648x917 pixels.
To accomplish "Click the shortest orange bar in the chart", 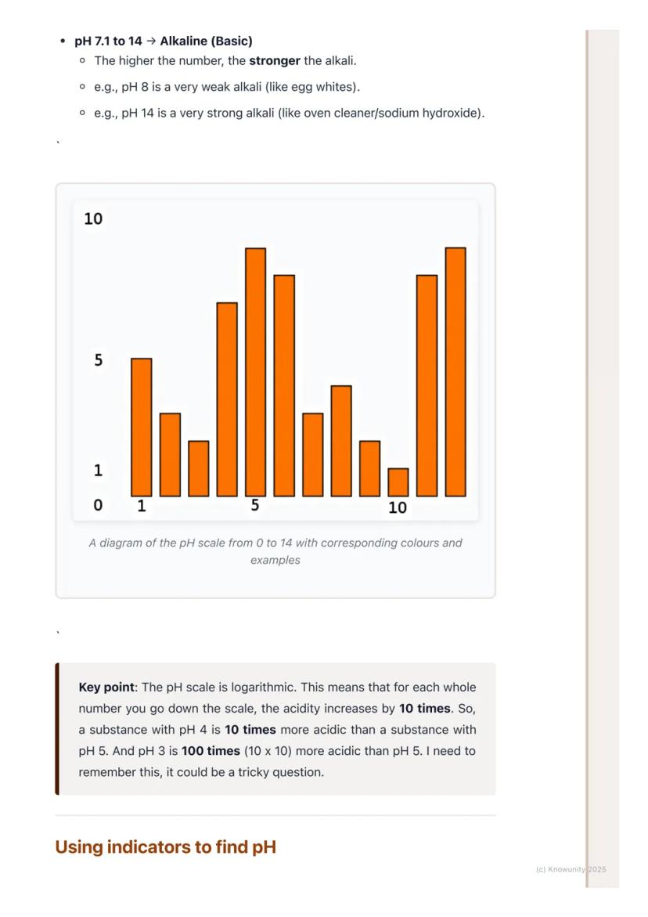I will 398,482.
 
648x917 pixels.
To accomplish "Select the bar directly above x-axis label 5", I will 256,372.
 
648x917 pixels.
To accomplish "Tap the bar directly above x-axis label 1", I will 142,427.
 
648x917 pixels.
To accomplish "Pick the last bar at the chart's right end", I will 455,372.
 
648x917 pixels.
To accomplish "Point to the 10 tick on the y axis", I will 93,219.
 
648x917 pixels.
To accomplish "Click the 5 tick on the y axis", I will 98,361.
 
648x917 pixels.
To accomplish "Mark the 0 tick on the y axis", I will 98,506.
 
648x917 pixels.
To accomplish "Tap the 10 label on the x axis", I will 398,508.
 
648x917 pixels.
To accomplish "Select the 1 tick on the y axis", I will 98,471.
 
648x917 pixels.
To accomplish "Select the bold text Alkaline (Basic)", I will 206,41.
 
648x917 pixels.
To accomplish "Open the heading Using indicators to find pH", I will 166,847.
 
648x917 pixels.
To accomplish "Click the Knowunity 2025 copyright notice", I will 571,869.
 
